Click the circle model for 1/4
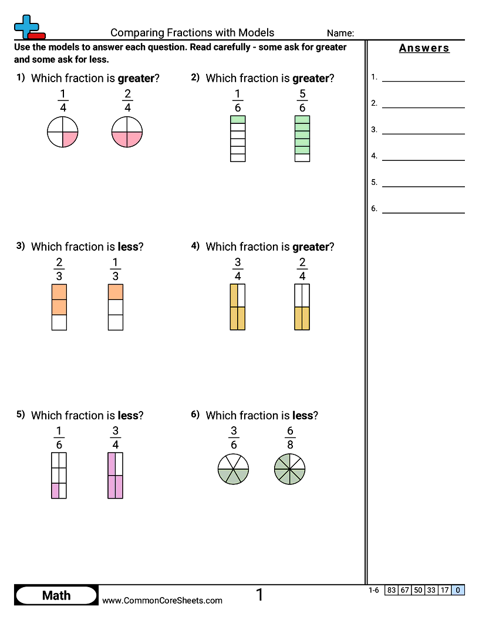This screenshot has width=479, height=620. point(62,132)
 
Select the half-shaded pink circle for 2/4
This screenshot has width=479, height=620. point(127,132)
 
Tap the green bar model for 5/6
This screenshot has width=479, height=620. point(302,139)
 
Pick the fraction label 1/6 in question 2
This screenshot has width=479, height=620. point(238,101)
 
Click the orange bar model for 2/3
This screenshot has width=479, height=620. point(59,307)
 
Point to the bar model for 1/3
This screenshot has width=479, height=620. point(116,307)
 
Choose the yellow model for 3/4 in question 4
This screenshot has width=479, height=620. point(238,307)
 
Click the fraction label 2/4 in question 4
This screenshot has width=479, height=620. point(302,269)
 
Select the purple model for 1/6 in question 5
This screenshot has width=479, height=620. point(59,476)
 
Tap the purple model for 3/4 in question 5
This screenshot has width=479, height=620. point(116,476)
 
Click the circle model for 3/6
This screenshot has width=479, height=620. point(233,469)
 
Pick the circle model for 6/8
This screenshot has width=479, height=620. point(290,469)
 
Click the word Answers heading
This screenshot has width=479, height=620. point(424,48)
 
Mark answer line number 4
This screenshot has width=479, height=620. point(423,160)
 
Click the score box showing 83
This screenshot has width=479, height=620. point(392,590)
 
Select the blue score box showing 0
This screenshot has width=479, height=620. point(458,590)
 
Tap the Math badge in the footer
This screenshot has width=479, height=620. point(56,595)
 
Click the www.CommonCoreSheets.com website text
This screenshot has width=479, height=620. point(162,601)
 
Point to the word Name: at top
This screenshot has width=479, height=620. point(340,33)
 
